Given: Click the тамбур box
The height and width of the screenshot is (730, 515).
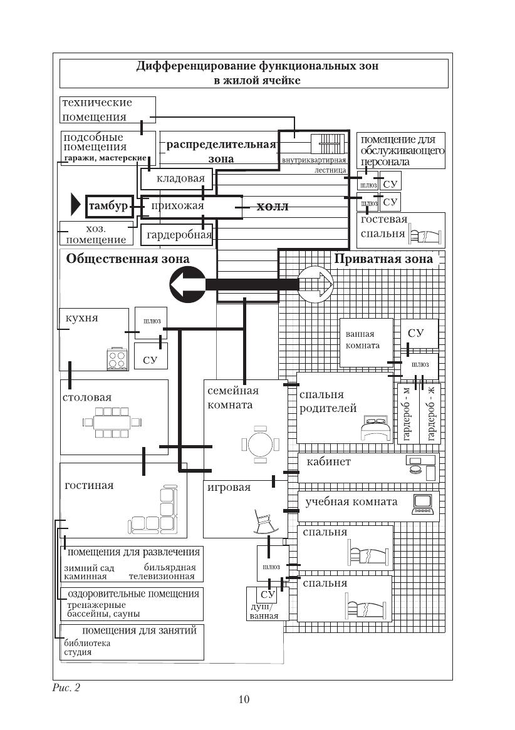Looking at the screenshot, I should click(x=108, y=206).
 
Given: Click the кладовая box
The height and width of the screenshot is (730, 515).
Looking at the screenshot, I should click(x=177, y=180).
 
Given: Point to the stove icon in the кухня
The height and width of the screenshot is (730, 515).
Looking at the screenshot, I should click(x=116, y=359).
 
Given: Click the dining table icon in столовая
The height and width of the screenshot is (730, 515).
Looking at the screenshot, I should click(x=112, y=422).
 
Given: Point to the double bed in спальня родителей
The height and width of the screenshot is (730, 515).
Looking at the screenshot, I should click(x=374, y=430).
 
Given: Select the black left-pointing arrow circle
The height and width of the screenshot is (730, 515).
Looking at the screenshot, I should click(x=186, y=284).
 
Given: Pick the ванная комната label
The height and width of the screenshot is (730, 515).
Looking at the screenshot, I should click(x=363, y=340).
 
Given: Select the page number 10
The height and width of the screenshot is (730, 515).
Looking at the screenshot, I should click(x=244, y=699).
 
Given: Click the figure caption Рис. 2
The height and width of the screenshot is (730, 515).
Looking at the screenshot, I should click(x=66, y=687).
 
